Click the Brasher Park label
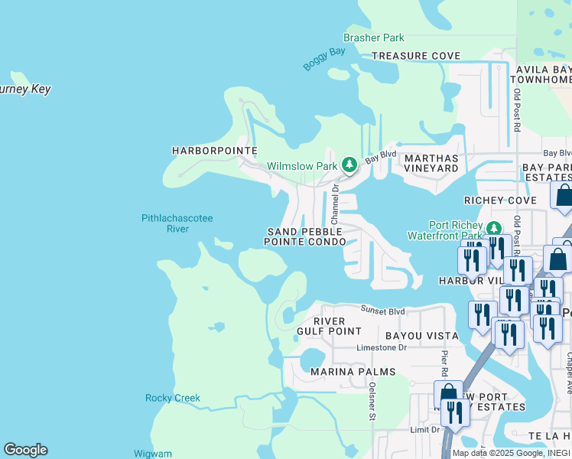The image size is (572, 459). (374, 37)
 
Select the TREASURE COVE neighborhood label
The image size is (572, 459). (416, 56)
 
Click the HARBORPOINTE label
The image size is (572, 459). (215, 151)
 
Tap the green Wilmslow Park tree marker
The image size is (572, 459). (349, 164)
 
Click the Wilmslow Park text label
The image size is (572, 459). (301, 165)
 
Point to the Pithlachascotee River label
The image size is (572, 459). (177, 223)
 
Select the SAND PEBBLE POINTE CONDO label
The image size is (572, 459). (305, 236)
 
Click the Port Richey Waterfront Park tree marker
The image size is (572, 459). (493, 228)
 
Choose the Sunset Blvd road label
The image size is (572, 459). (383, 311)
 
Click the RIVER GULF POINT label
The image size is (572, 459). (329, 326)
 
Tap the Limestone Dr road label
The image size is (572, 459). (382, 347)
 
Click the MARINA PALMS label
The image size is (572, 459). (353, 372)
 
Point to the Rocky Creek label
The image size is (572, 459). (172, 398)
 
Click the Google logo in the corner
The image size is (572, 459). (25, 450)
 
